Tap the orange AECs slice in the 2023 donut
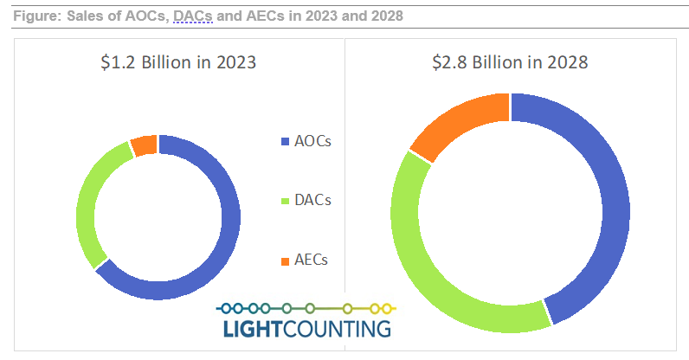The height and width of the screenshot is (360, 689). pyautogui.click(x=144, y=145)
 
